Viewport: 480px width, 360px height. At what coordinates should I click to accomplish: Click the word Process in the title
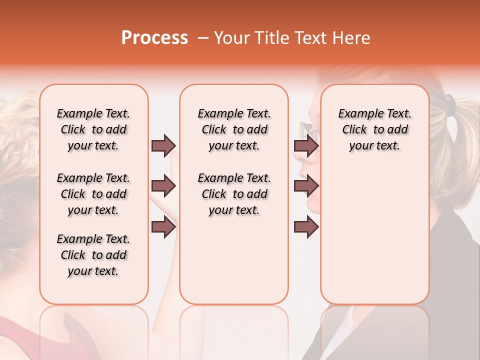point(154,38)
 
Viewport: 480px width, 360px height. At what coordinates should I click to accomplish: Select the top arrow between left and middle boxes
point(163,145)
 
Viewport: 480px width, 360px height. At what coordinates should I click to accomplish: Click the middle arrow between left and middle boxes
point(163,186)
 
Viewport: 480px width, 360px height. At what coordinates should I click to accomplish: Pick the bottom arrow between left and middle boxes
point(163,227)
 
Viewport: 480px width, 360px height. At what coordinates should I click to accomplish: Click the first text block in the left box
point(93,129)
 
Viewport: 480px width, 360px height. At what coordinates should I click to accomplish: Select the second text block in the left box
point(93,194)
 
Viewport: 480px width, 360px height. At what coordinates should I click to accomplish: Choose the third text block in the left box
point(93,255)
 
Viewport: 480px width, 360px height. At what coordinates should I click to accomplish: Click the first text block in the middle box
point(234,129)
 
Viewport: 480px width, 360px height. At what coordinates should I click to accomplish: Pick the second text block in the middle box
point(234,194)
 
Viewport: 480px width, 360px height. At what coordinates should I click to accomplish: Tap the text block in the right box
point(374,129)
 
